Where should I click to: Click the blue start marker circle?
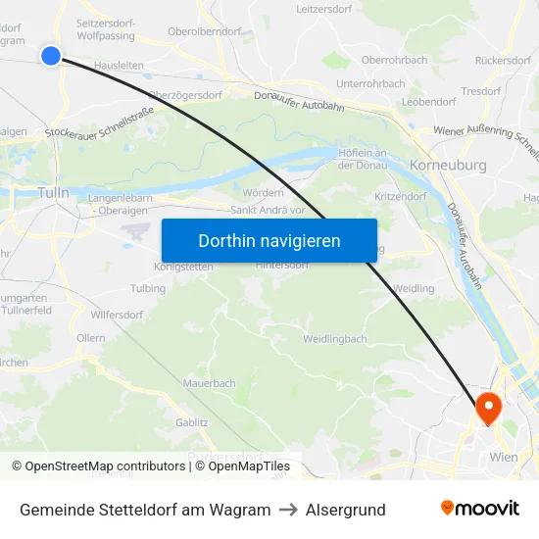pyautogui.click(x=51, y=56)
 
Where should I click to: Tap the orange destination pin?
pyautogui.click(x=487, y=408)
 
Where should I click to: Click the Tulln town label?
pyautogui.click(x=53, y=193)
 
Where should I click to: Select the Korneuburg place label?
pyautogui.click(x=449, y=166)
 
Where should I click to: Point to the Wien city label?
pyautogui.click(x=503, y=457)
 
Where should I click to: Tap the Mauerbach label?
pyautogui.click(x=210, y=383)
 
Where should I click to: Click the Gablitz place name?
pyautogui.click(x=192, y=422)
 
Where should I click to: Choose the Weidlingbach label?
pyautogui.click(x=335, y=339)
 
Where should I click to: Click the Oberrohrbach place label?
pyautogui.click(x=395, y=60)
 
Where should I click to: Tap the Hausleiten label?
pyautogui.click(x=120, y=65)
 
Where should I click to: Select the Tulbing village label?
pyautogui.click(x=148, y=289)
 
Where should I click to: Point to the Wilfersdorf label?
pyautogui.click(x=118, y=316)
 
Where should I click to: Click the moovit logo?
pyautogui.click(x=479, y=509)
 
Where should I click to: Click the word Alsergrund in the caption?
pyautogui.click(x=345, y=510)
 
